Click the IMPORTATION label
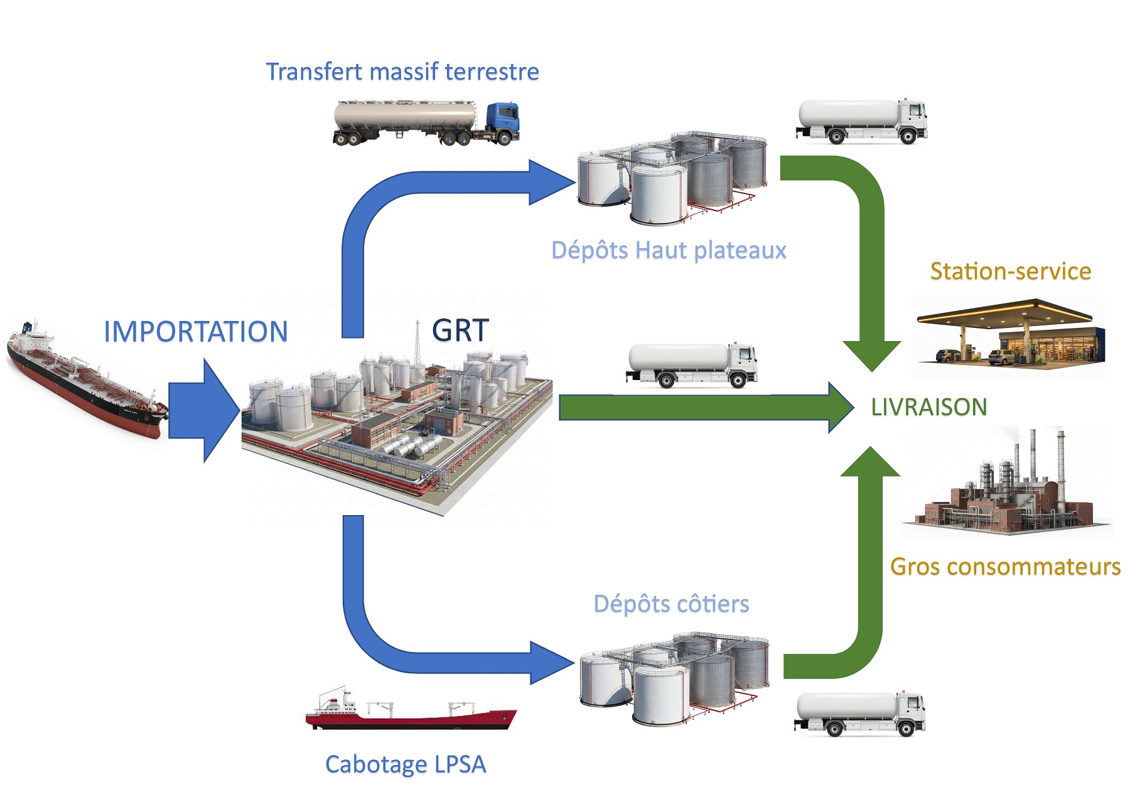pos(195,332)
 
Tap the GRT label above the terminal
pos(460,330)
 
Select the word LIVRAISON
pos(928,407)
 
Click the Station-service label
pos(1010,271)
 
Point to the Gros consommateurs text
pos(1005,567)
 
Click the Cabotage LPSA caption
pos(406,764)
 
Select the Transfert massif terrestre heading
pos(402,72)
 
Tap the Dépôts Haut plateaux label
pos(669,250)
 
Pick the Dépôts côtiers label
pos(671,604)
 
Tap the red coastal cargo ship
pos(411,713)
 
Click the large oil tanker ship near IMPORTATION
pos(85,380)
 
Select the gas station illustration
pos(1009,334)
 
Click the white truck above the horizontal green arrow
pos(692,364)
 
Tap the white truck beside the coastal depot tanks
pos(860,714)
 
